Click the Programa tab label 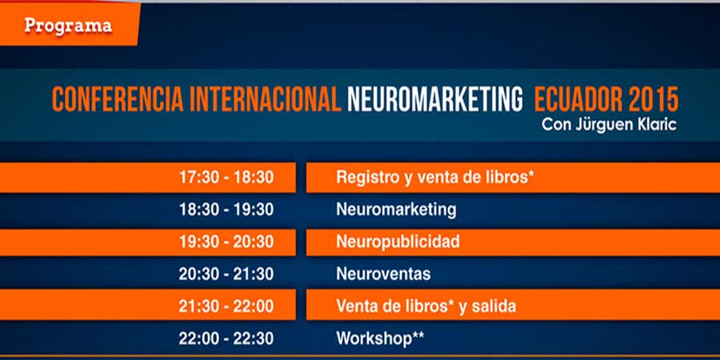coord(68,26)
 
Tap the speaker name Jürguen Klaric coord(626,125)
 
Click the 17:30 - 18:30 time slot coord(226,178)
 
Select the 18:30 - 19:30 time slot coord(226,210)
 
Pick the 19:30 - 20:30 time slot coord(226,242)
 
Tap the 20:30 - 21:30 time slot coord(226,274)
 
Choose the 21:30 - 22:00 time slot coord(226,306)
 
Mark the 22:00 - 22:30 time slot coord(226,338)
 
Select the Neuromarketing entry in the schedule coord(396,210)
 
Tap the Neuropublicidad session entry coord(398,242)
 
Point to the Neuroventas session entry coord(383,274)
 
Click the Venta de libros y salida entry coord(426,306)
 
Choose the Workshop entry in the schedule coord(380,339)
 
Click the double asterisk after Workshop coord(418,336)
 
